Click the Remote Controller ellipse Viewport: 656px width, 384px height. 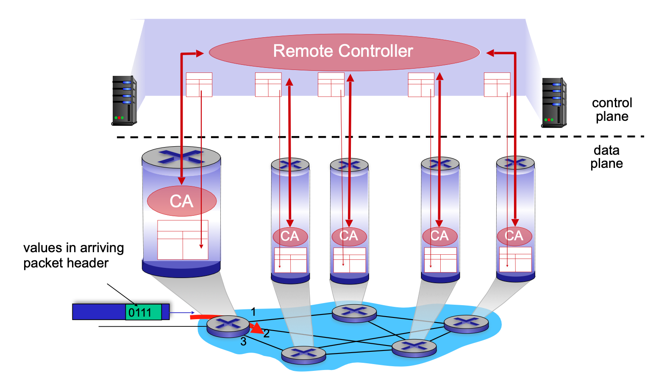coord(344,52)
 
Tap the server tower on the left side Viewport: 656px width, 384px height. coord(124,100)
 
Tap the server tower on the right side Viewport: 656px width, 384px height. coord(553,103)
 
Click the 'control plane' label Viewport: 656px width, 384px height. coord(612,109)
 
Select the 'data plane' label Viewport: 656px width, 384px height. coord(606,157)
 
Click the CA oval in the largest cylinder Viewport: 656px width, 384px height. coord(181,201)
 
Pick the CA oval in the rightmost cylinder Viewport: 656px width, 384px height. coord(514,236)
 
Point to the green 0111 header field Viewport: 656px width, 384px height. coord(143,312)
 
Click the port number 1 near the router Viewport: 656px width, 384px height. coord(253,312)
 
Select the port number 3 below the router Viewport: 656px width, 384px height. coord(243,342)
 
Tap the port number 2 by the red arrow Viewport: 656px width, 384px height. coord(267,334)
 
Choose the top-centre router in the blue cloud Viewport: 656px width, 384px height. coord(354,313)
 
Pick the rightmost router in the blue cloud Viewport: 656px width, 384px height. coord(466,324)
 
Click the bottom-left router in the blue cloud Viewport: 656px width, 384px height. coord(303,354)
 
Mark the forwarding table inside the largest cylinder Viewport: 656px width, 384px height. coord(183,239)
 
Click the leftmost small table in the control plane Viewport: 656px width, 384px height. coord(199,84)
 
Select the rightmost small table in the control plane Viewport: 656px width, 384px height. coord(497,84)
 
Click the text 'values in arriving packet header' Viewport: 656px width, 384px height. coord(73,255)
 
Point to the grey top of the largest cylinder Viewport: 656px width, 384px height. coord(181,156)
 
